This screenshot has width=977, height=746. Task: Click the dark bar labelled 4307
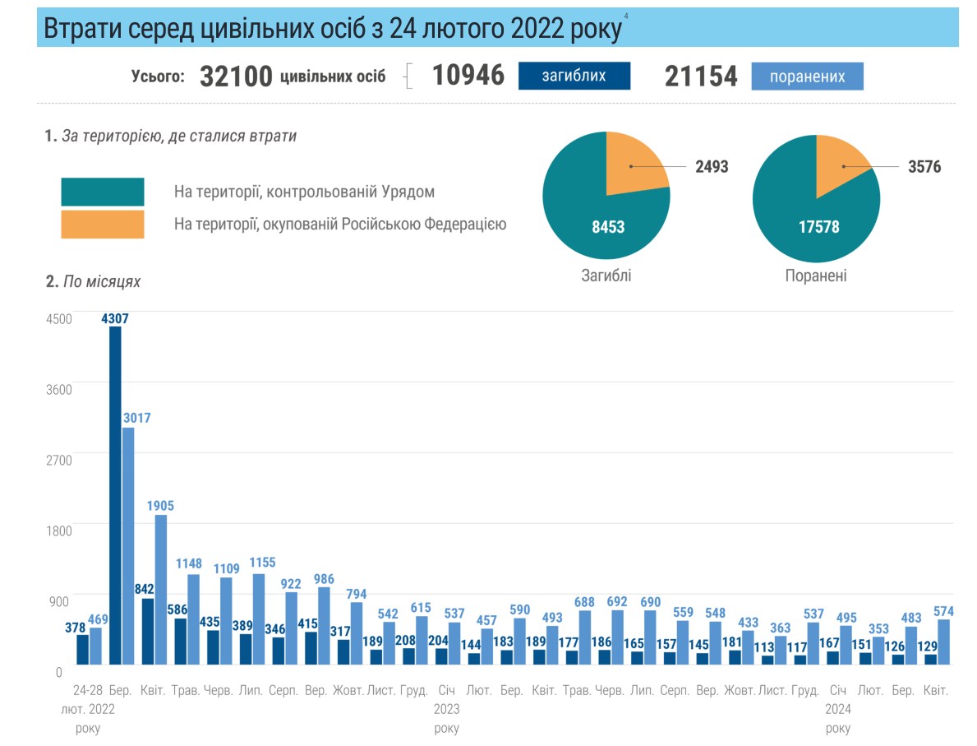(115, 493)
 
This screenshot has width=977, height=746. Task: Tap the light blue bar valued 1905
(161, 588)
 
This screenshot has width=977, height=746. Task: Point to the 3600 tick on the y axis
(59, 389)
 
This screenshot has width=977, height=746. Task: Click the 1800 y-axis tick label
(59, 531)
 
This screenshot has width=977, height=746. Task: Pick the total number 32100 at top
(236, 76)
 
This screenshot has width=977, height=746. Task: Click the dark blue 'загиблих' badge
(574, 76)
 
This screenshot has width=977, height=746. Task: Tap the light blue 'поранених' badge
(807, 76)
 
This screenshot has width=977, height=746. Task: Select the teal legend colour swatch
(103, 192)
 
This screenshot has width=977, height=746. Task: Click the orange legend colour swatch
(103, 225)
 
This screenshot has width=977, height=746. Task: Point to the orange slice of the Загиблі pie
(634, 164)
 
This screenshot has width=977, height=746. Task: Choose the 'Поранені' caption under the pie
(815, 276)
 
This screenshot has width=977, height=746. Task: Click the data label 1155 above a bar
(265, 563)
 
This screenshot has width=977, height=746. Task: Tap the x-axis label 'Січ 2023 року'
(446, 709)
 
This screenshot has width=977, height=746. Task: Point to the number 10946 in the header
(468, 76)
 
